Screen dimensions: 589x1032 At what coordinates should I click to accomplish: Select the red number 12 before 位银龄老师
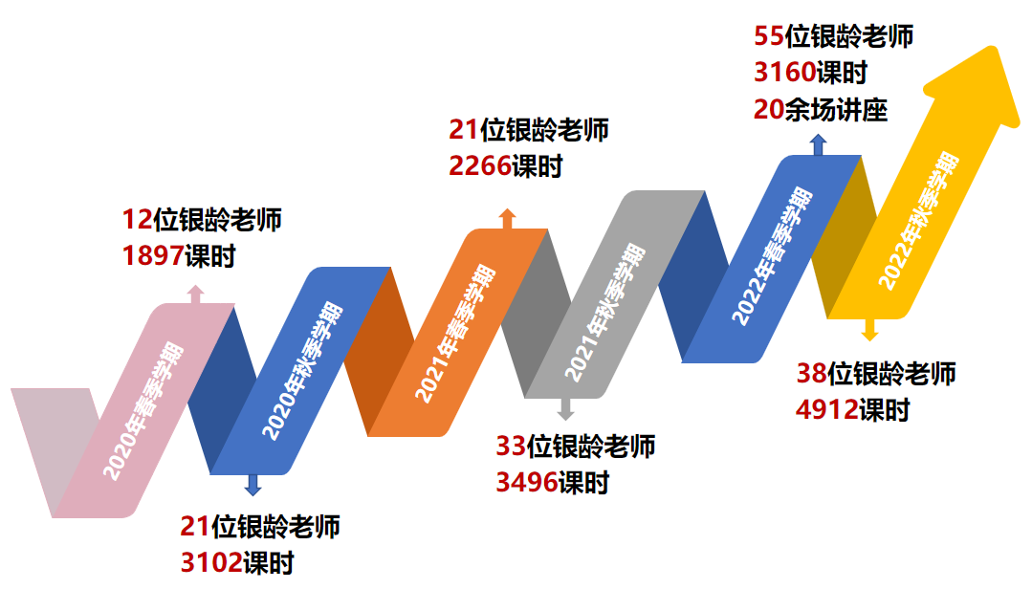pos(137,220)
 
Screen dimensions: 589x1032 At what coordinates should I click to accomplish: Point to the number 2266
pos(480,165)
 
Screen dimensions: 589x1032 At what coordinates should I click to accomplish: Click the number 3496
pos(526,482)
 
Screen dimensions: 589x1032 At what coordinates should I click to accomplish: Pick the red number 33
pos(511,446)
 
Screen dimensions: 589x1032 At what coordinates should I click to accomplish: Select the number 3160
pos(785,73)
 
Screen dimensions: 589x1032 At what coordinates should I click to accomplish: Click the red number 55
pos(769,36)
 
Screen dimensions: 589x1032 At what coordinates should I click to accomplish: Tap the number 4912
pos(826,410)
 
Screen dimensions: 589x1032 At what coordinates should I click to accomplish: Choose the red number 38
pos(812,373)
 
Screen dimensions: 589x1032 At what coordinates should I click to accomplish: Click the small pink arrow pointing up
pos(195,294)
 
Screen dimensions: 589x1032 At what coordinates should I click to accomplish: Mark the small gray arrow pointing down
pos(565,409)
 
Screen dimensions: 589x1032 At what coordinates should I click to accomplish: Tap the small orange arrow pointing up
pos(508,218)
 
